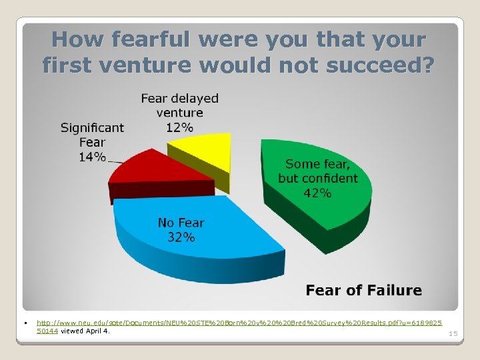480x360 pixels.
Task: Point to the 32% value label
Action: point(181,237)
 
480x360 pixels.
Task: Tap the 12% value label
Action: point(179,127)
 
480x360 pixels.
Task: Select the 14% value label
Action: point(92,157)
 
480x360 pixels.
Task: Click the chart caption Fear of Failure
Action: point(363,290)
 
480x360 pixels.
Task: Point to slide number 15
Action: point(453,333)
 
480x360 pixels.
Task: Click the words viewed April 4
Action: point(86,331)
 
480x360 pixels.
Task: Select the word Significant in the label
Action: point(92,127)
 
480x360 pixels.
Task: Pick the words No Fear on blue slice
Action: point(181,223)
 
